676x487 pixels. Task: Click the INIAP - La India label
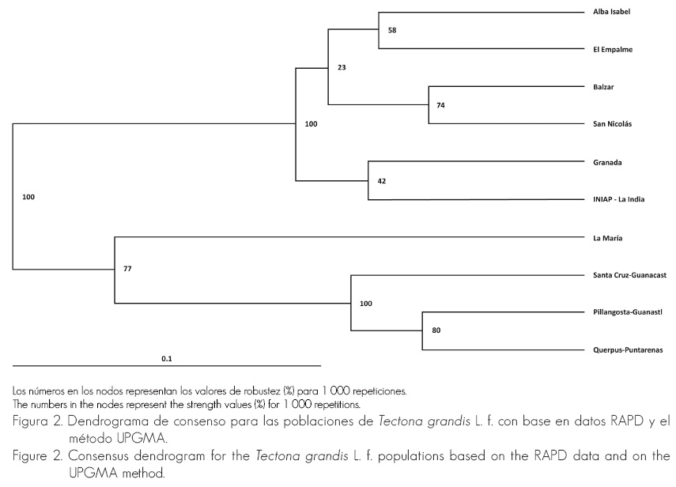618,199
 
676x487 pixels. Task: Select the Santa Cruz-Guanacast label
630,274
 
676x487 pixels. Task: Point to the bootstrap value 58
392,30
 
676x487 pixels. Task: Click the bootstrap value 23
342,67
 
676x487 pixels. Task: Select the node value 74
440,105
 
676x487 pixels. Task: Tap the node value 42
381,181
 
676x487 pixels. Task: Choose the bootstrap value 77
127,269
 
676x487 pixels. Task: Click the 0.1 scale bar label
167,359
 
